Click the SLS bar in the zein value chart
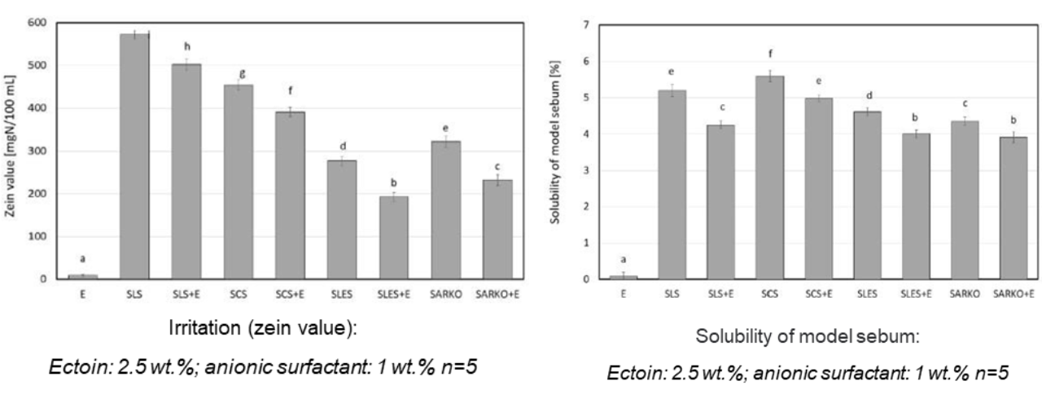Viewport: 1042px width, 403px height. (x=134, y=156)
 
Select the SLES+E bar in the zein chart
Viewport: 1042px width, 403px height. (x=393, y=238)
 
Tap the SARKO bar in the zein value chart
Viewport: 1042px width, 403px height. (x=445, y=210)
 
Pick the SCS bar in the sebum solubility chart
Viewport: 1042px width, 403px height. (x=769, y=177)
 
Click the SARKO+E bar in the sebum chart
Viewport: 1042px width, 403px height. (x=1014, y=208)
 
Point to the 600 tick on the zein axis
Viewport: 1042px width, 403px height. (x=37, y=22)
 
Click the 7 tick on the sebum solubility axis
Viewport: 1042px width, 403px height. (x=586, y=24)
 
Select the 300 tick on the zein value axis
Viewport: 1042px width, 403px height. (x=37, y=151)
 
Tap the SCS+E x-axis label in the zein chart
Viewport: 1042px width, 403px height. (x=290, y=295)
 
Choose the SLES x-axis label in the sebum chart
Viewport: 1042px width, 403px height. (x=867, y=294)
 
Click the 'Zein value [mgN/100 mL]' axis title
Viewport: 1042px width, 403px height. (x=11, y=146)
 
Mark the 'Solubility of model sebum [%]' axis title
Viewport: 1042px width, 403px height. (x=554, y=142)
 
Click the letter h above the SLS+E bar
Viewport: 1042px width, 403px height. (x=187, y=46)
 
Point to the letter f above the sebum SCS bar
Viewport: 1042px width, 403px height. (x=770, y=54)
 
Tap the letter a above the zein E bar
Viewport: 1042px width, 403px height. (x=83, y=259)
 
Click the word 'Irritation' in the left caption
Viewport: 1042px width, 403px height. (x=204, y=327)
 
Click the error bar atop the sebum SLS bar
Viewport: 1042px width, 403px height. (x=672, y=90)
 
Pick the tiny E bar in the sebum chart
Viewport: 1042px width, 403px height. (x=623, y=278)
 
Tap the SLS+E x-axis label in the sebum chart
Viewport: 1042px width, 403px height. (x=720, y=294)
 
